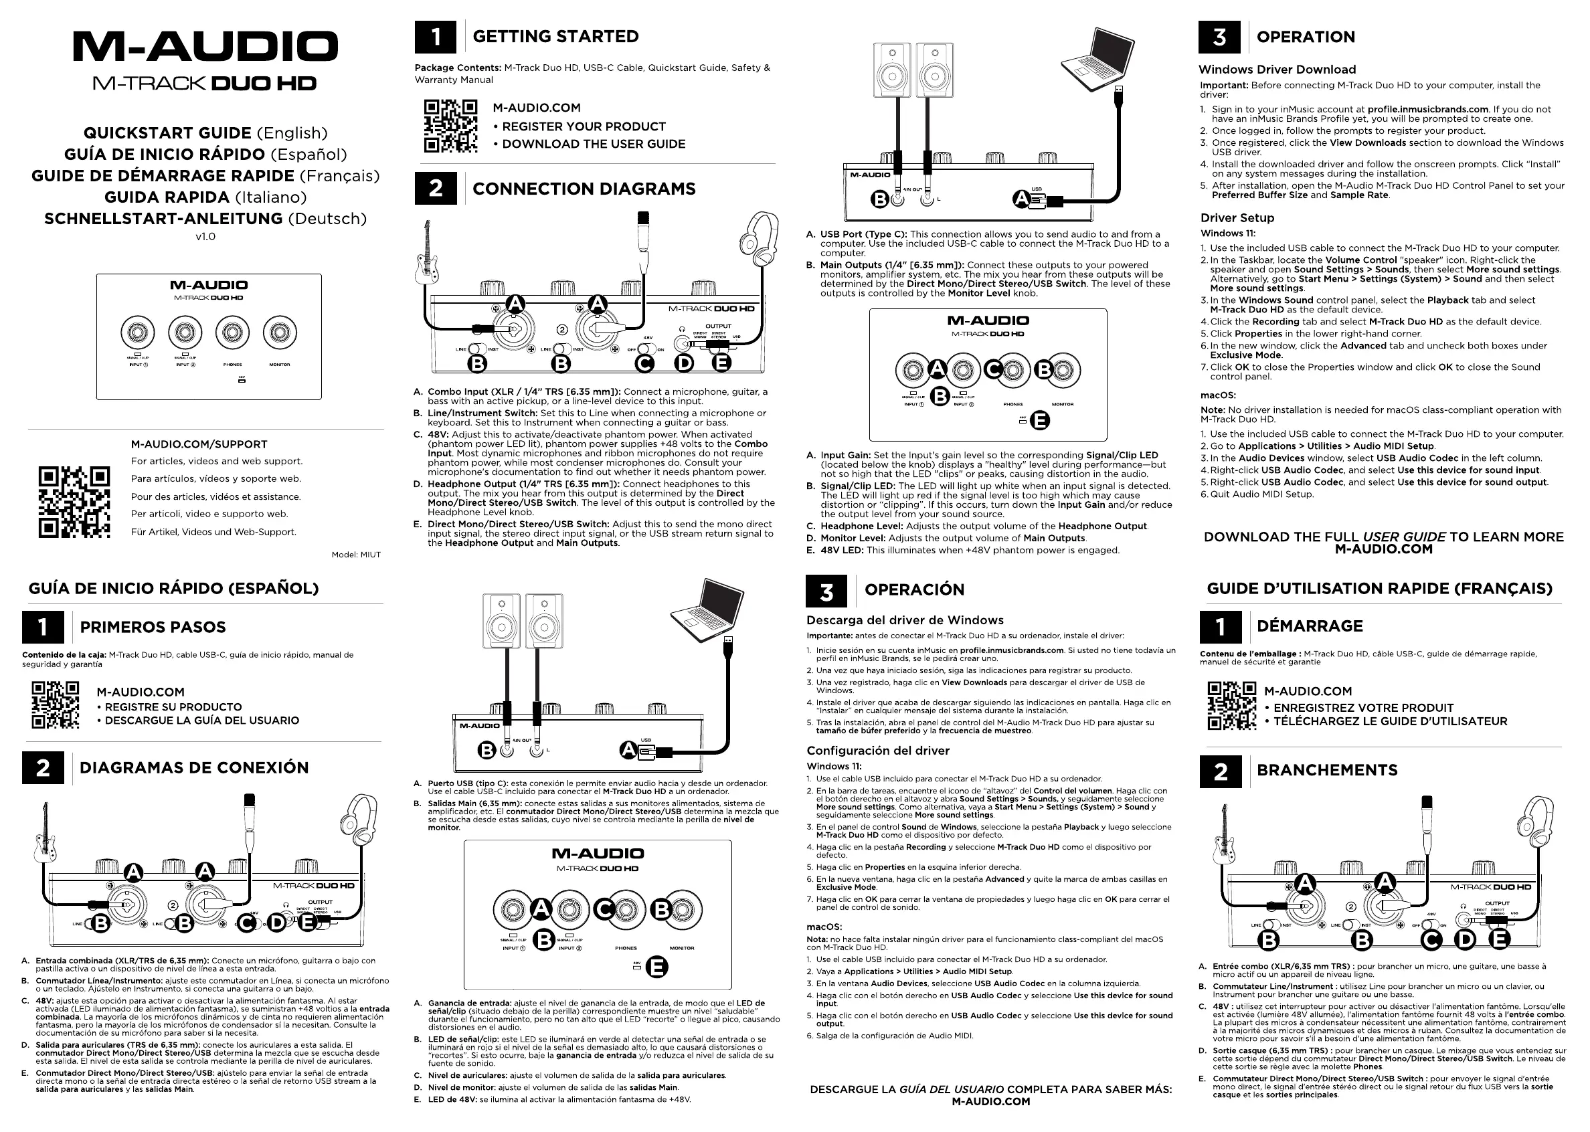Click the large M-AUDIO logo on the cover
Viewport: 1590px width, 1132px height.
tap(205, 47)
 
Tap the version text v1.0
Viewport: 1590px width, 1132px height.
tap(205, 236)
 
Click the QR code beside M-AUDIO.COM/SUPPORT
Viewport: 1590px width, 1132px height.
tap(74, 502)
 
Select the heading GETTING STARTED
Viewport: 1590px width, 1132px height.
tap(555, 37)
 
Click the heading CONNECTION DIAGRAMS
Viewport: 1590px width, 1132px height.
tap(584, 189)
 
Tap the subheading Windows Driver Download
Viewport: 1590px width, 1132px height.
tap(1277, 70)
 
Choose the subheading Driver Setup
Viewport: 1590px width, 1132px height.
tap(1237, 218)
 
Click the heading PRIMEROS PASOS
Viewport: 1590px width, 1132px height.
tap(153, 628)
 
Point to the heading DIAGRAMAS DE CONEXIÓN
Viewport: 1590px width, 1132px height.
tap(194, 768)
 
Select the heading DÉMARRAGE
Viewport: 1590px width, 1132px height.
tap(1310, 626)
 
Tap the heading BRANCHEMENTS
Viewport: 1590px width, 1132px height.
tap(1327, 770)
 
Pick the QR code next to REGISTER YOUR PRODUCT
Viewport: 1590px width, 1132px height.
tap(450, 126)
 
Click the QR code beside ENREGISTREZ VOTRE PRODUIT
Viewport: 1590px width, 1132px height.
tap(1232, 706)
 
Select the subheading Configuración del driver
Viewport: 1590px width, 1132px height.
tap(877, 751)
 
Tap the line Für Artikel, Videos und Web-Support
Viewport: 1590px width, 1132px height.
tap(213, 532)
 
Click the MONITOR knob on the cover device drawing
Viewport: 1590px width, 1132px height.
tap(280, 333)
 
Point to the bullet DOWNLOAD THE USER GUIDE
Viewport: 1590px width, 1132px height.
tap(593, 145)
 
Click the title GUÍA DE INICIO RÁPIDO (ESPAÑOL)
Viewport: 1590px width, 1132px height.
tap(173, 588)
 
